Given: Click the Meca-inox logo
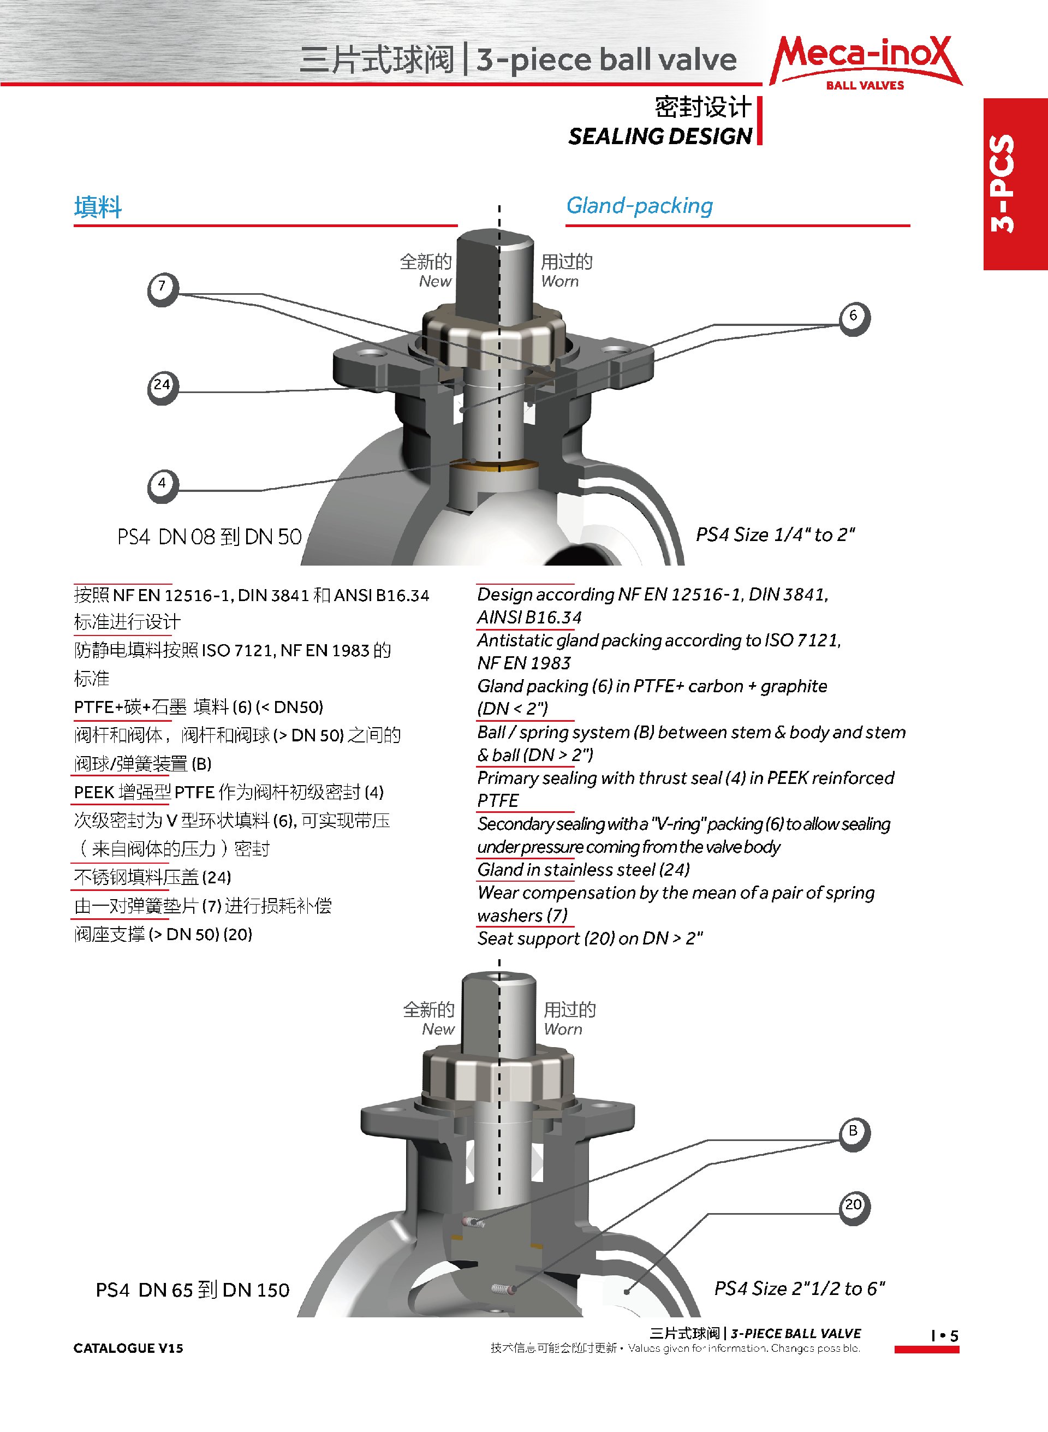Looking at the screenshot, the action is click(865, 62).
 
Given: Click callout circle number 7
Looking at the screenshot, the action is click(163, 289).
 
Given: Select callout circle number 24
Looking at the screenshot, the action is click(163, 388).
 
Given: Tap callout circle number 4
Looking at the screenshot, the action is click(163, 486).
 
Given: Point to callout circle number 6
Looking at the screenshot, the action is click(855, 318).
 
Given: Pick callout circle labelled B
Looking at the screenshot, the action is click(855, 1134).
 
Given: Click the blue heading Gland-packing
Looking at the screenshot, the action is click(640, 206).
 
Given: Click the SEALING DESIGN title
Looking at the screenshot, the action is click(660, 136).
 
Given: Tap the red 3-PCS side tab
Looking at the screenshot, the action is click(1015, 184).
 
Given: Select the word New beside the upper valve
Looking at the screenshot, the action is click(435, 281).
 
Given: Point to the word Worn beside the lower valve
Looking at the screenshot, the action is click(563, 1029).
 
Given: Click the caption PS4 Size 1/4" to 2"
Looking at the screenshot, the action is click(775, 535).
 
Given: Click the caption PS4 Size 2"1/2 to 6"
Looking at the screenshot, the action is click(799, 1288).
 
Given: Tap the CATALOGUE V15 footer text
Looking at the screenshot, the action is click(128, 1348).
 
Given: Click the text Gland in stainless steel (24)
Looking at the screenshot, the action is click(583, 869).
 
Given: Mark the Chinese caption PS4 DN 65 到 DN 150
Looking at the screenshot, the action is click(192, 1290).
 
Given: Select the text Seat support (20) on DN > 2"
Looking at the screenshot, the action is click(590, 938).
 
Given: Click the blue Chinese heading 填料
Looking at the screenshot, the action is click(98, 207).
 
